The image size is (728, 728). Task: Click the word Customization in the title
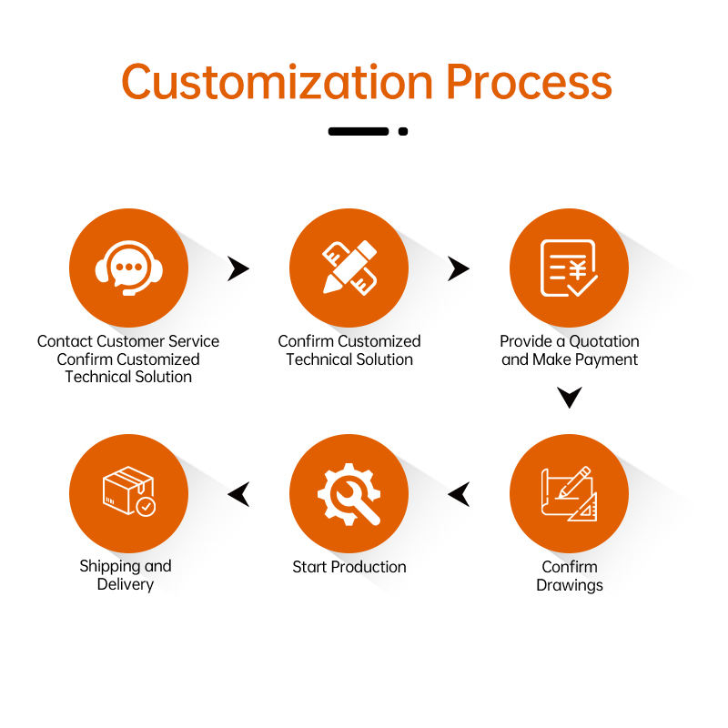click(278, 82)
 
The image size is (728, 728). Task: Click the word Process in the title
click(529, 82)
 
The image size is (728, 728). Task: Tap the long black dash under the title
click(358, 131)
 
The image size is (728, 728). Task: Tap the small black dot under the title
click(403, 131)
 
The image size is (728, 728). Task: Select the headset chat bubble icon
click(128, 268)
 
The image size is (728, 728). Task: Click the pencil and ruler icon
click(349, 268)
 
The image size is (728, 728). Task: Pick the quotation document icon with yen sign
click(569, 268)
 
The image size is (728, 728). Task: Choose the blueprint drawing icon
click(569, 494)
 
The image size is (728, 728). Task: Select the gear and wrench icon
click(349, 494)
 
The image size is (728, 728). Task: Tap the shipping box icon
click(128, 494)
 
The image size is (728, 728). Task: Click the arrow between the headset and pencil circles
click(238, 268)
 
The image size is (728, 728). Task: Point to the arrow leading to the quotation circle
click(459, 268)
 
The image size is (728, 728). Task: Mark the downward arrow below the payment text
click(570, 398)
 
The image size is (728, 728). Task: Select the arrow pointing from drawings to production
click(459, 494)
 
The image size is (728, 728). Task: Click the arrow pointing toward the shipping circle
click(238, 494)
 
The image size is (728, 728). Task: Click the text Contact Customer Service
click(128, 341)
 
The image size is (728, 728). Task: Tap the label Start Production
click(349, 567)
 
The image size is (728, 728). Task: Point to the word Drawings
click(570, 584)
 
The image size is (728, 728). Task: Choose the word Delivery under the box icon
click(126, 584)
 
